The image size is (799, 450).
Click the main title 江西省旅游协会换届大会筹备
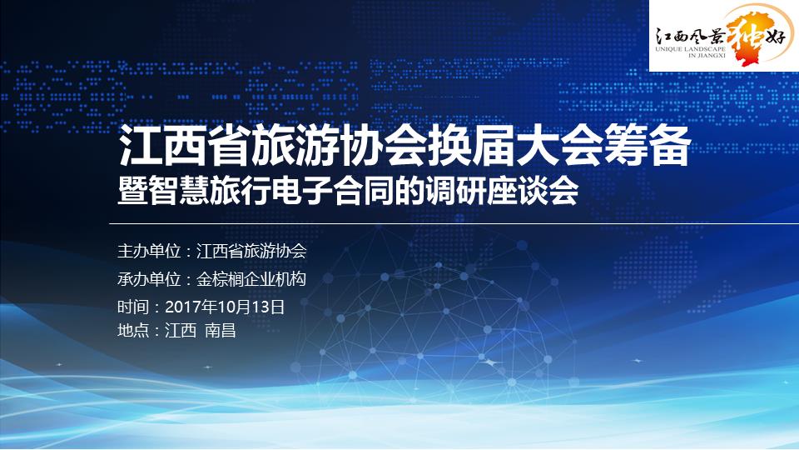[405, 146]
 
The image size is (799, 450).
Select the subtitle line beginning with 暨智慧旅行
[348, 191]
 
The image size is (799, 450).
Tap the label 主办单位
[149, 251]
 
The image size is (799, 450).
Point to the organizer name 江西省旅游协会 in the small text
[251, 251]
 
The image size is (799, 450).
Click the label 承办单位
[149, 279]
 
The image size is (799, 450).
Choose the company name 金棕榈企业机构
[251, 279]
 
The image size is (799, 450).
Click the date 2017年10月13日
[225, 307]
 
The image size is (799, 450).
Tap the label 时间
[133, 307]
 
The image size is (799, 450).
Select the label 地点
[133, 331]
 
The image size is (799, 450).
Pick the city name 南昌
[220, 331]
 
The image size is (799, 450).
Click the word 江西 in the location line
[181, 331]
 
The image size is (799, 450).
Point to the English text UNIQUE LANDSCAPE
[690, 49]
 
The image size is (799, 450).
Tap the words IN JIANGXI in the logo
[707, 55]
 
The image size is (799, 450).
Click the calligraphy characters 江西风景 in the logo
[690, 36]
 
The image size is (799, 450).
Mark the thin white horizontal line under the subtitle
[454, 223]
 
